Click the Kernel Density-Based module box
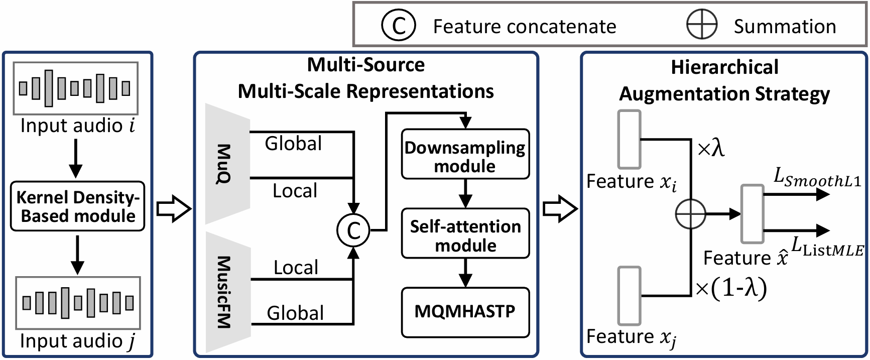point(78,206)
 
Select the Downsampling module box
point(465,154)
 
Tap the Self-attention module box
point(465,233)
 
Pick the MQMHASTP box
point(465,312)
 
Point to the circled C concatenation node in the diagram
point(353,230)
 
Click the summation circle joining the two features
point(691,214)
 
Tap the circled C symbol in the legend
point(398,26)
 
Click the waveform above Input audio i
point(76,88)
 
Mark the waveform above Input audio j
point(78,303)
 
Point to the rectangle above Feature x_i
point(630,140)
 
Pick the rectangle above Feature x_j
point(630,296)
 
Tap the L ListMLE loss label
point(827,247)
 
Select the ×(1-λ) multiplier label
point(731,288)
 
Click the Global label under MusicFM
point(295,313)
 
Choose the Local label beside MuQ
point(295,191)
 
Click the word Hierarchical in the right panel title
point(724,67)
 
